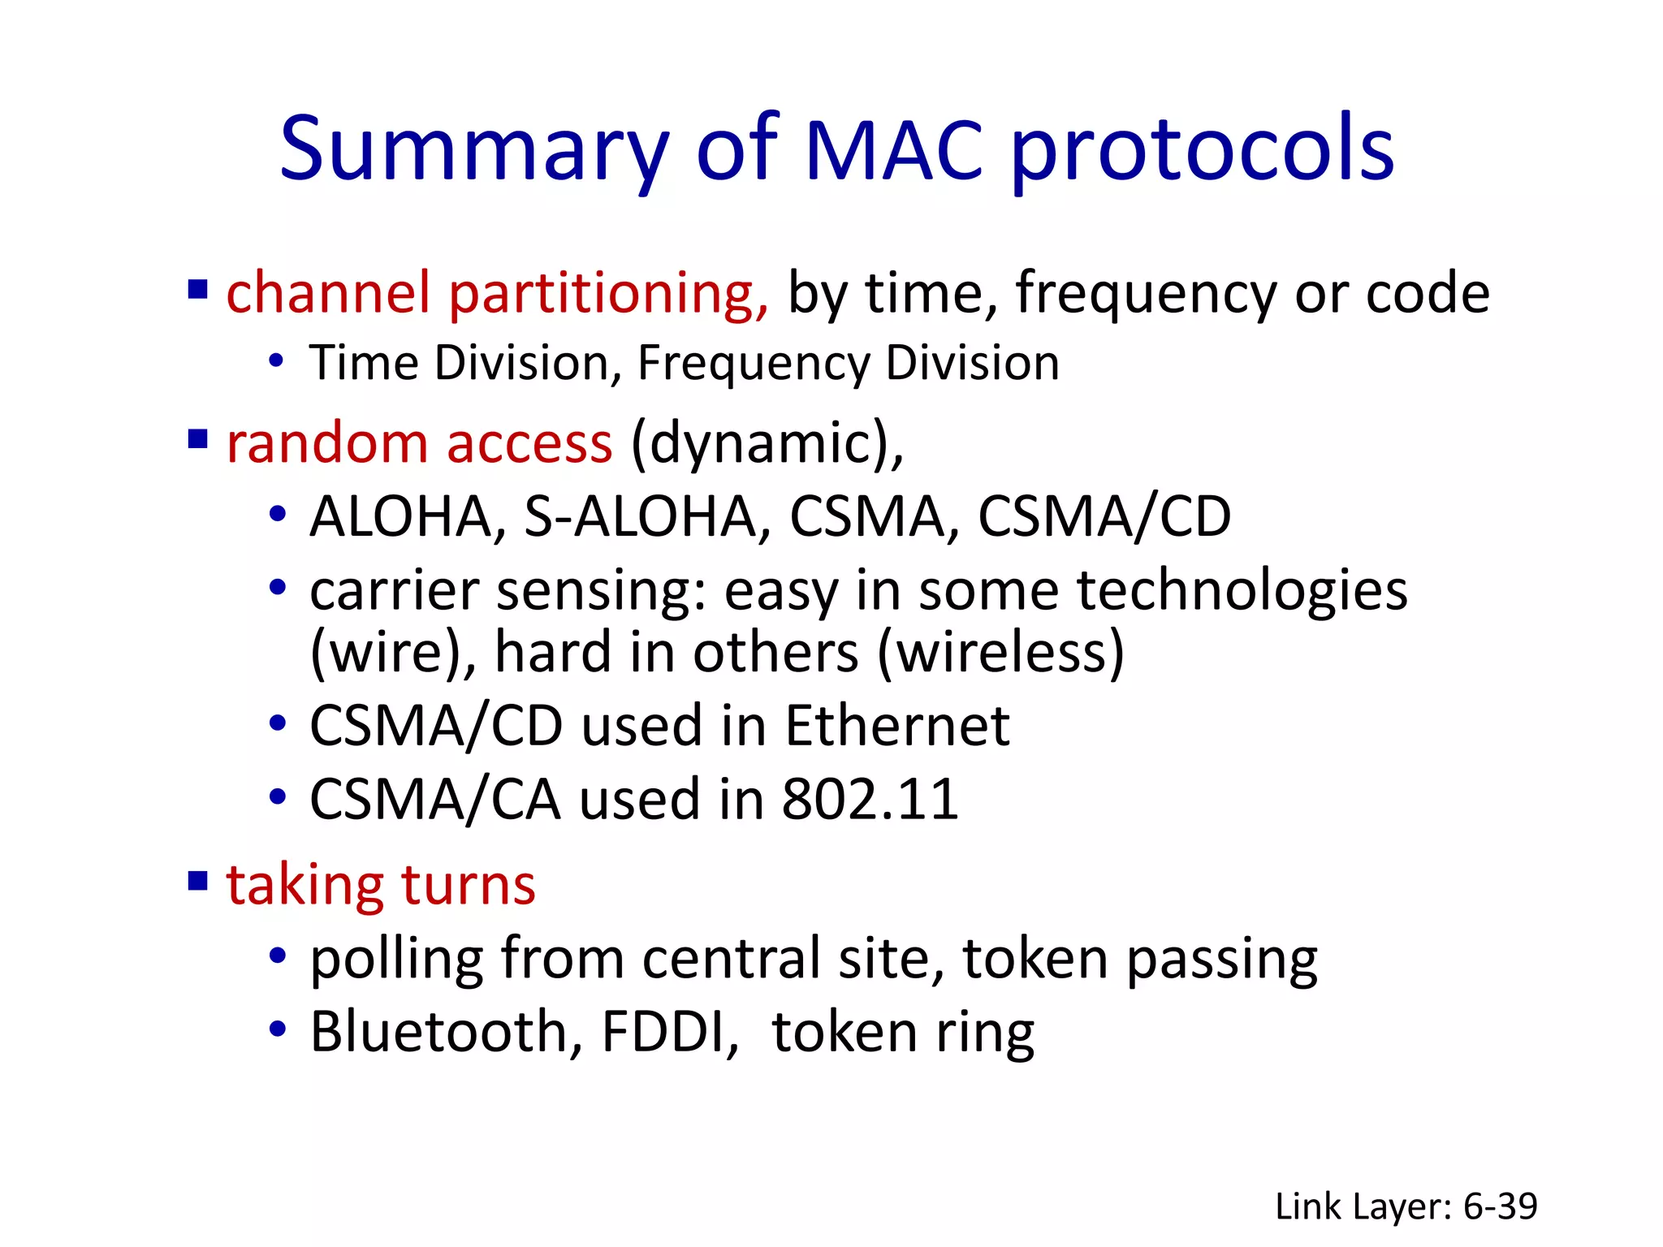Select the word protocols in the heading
(1203, 150)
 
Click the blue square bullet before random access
(197, 439)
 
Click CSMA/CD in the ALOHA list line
(1104, 517)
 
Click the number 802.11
(870, 799)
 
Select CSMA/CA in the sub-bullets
(435, 799)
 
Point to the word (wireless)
(1001, 653)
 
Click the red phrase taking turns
(381, 884)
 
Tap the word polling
(397, 960)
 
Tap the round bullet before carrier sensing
(278, 587)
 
